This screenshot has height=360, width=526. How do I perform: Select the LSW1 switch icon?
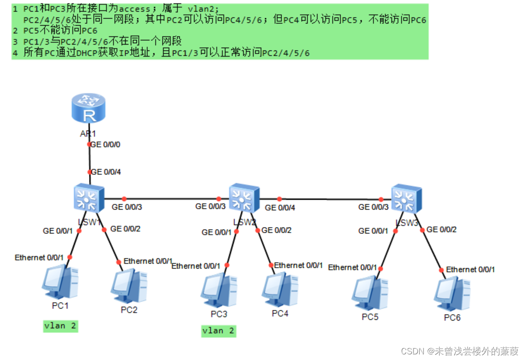pos(89,198)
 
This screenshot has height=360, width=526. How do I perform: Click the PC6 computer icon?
pos(452,294)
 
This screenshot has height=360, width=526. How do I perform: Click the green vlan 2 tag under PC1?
pos(60,326)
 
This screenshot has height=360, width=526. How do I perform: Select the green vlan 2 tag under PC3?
pos(219,331)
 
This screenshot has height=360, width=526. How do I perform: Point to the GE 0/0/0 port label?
pos(105,145)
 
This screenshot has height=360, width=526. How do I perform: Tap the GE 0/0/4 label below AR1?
pos(106,172)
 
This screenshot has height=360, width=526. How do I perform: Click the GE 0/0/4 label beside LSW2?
pos(280,207)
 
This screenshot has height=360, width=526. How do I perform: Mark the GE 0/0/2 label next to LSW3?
pos(441,229)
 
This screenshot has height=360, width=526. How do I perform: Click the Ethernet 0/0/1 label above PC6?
pos(470,270)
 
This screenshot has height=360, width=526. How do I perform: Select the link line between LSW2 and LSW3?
pos(330,199)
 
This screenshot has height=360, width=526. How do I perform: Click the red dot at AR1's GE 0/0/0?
pos(89,145)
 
